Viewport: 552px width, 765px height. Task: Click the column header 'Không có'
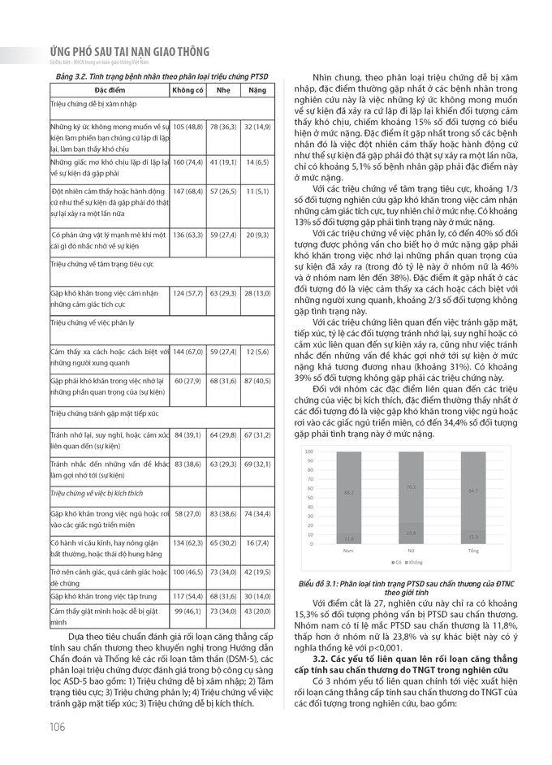click(x=188, y=89)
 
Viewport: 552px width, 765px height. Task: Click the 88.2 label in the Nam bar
click(x=348, y=492)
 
